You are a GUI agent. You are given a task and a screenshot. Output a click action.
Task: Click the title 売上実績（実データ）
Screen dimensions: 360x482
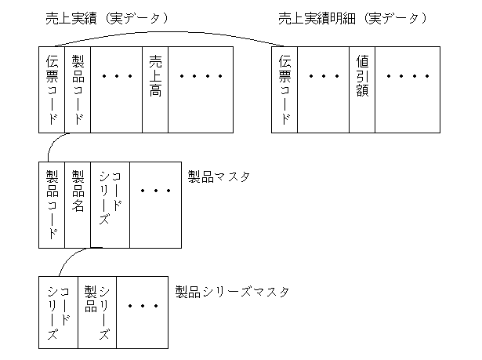(107, 18)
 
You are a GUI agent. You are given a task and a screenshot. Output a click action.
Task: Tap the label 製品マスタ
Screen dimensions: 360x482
(219, 176)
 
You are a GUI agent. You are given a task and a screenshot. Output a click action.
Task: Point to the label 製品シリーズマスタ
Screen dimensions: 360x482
(232, 293)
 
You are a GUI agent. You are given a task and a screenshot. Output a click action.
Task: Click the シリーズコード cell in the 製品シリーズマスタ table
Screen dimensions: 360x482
(58, 313)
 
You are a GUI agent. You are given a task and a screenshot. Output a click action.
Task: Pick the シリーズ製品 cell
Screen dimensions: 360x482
(96, 313)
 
